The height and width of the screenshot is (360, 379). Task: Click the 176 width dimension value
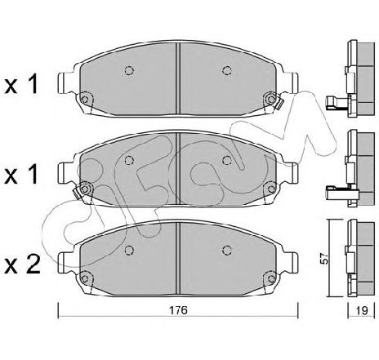178,309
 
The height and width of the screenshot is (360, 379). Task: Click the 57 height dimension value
324,258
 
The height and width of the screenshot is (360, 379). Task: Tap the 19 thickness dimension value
362,310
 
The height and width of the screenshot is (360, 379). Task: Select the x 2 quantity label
23,264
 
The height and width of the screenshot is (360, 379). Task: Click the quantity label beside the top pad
21,84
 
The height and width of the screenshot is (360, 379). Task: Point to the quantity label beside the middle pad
21,175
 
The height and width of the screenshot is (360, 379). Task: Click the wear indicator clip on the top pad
279,104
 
